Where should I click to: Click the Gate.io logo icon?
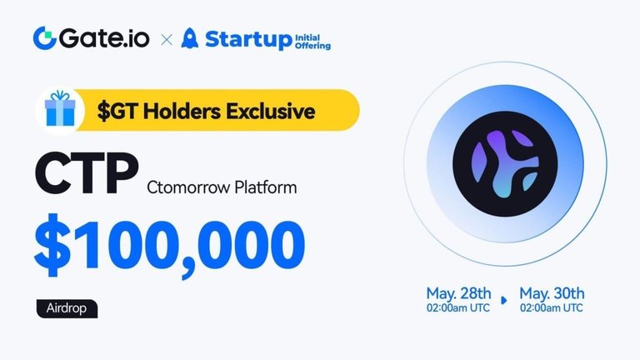coord(44,38)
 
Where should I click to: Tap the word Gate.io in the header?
coord(104,38)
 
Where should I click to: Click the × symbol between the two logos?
coord(167,40)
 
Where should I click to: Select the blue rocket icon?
coord(189,38)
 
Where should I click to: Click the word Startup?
coord(248,40)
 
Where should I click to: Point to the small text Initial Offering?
coord(312,42)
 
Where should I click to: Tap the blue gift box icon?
coord(60,108)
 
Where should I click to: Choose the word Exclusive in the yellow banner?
coord(271,111)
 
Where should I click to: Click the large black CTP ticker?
coord(87,173)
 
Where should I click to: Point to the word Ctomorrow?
coord(188,187)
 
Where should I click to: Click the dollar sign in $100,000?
coord(52,245)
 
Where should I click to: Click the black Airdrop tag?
coord(67,308)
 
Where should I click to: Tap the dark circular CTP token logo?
coord(505,163)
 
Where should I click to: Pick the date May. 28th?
coord(458,293)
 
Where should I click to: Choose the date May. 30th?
coord(552,293)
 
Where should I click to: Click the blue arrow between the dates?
coord(504,300)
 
